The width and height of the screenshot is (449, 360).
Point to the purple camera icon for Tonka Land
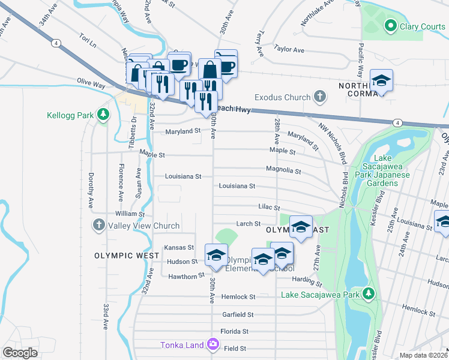pos(212,344)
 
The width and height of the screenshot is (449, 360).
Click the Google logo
pos(20,352)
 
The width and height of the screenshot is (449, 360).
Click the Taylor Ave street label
pos(286,48)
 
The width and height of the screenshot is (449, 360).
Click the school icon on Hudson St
pos(216,254)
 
